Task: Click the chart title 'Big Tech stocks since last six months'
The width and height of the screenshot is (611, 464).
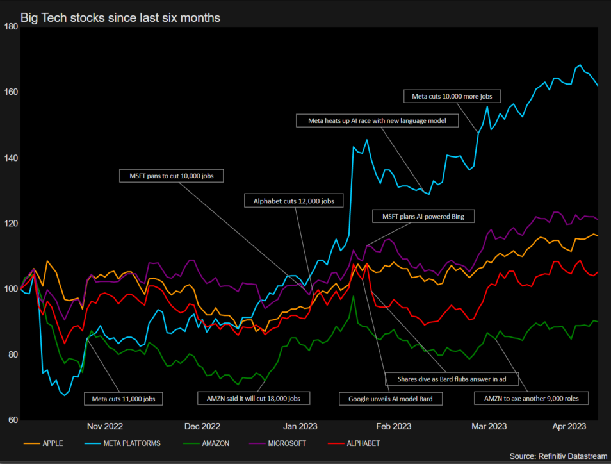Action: click(x=120, y=18)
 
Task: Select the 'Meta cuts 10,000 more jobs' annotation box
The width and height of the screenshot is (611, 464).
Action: click(x=451, y=96)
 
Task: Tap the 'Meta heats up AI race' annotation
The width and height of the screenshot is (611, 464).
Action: click(x=377, y=120)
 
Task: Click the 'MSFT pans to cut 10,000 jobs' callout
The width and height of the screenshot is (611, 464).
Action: click(x=172, y=175)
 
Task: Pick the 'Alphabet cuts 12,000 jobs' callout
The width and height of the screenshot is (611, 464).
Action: click(x=294, y=201)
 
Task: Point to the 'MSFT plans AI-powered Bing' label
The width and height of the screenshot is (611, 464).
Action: click(x=423, y=217)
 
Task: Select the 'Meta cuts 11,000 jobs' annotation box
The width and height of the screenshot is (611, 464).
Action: click(x=124, y=399)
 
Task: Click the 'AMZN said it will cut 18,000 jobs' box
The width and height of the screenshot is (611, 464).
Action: click(x=254, y=399)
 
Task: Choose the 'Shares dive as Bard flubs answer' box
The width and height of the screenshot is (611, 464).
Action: click(x=451, y=379)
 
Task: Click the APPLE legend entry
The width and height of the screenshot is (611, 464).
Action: click(x=44, y=443)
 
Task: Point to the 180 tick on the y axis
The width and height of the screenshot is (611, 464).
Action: click(x=11, y=26)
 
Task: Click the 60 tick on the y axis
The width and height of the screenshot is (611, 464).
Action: click(x=13, y=420)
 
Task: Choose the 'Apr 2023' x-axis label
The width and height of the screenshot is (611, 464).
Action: click(x=569, y=426)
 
